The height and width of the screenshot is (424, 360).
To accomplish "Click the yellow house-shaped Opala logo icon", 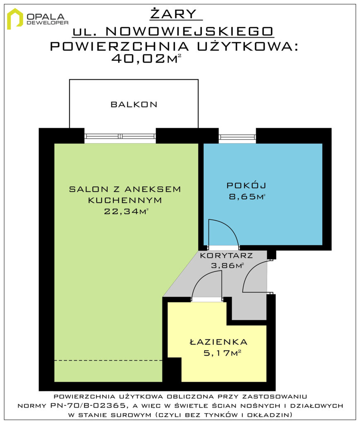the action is (15, 19).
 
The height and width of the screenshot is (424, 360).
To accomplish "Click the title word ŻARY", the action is (174, 14).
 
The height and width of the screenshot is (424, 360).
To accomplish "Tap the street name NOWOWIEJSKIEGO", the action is (189, 31).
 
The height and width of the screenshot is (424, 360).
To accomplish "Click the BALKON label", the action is (134, 104).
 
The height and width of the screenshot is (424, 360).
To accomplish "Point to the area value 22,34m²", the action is (126, 211).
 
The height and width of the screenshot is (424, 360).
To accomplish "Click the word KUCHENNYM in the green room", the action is (125, 200).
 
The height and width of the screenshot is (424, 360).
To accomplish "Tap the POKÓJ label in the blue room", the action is (246, 185).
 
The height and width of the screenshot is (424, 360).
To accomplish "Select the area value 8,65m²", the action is (247, 196).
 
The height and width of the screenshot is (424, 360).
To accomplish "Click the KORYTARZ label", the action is (226, 255).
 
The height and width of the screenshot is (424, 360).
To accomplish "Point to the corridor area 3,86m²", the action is (227, 265).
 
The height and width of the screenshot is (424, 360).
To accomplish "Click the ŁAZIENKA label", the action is (219, 342).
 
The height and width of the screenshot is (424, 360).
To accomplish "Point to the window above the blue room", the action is (237, 137).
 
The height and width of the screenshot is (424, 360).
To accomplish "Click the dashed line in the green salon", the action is (108, 361).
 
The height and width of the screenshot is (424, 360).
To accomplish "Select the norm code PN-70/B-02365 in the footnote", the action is (88, 406).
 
